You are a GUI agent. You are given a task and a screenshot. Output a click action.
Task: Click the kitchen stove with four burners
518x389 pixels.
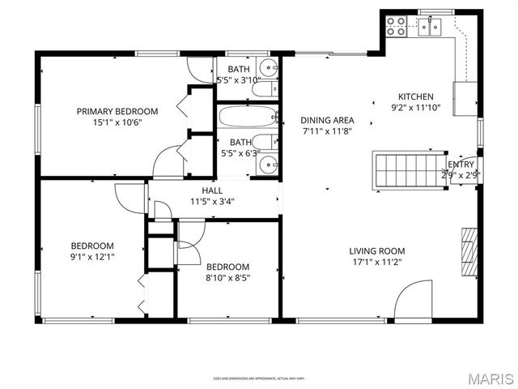396,27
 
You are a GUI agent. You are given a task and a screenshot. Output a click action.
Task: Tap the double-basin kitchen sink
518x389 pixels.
428,28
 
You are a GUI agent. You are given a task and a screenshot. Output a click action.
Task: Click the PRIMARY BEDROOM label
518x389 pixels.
117,112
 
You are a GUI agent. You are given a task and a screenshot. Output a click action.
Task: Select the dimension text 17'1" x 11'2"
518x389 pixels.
377,263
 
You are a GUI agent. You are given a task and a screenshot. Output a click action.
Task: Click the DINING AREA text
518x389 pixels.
328,120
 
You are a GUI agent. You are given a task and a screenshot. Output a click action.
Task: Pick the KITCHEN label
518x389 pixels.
416,96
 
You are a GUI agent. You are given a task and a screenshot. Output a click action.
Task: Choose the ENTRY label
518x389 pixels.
462,164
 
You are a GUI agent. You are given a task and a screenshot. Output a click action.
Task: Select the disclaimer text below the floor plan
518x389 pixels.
260,378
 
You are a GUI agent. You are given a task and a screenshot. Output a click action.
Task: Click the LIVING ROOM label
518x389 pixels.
377,251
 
